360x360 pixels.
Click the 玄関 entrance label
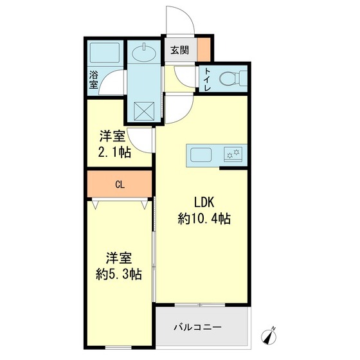pos(179,50)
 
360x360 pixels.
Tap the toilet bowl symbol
pos(233,78)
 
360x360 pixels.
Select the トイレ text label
pos(207,79)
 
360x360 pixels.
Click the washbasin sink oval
pos(144,53)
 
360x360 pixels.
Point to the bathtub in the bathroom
pos(105,53)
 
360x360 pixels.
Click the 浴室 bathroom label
pos(93,80)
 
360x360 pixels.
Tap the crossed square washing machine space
pos(144,111)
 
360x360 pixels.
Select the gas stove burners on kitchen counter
pos(233,154)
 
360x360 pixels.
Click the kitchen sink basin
pos(201,154)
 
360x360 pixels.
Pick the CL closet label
pos(120,184)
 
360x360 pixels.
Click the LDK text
pos(204,203)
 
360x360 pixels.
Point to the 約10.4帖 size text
pos(204,219)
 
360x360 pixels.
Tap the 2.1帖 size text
pos(114,152)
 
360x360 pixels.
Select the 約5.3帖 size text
pos(119,274)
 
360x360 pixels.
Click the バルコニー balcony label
pos(197,327)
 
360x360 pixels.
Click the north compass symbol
pos(269,336)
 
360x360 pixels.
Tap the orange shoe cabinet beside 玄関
pos(204,50)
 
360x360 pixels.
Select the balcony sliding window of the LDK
pos(200,305)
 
